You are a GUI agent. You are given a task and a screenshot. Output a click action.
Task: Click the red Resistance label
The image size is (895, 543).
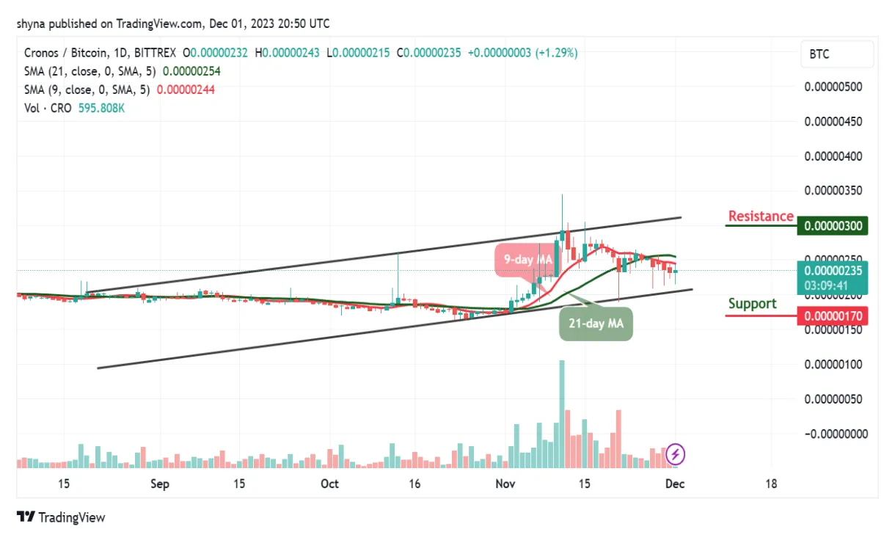[761, 216]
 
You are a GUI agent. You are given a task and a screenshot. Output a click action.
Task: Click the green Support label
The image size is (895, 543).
[752, 304]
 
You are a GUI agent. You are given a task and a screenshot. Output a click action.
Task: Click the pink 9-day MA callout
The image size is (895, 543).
[528, 259]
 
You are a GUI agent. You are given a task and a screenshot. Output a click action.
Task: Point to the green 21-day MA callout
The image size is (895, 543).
[595, 323]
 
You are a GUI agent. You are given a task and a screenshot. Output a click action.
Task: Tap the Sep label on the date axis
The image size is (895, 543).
[159, 484]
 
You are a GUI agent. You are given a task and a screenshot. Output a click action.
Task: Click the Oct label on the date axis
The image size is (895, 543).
[330, 484]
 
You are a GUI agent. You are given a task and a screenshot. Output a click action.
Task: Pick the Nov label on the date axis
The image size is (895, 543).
[504, 484]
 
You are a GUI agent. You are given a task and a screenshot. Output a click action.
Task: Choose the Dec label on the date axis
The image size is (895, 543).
[676, 484]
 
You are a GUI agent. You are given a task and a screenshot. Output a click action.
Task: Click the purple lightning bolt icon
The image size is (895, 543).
[676, 455]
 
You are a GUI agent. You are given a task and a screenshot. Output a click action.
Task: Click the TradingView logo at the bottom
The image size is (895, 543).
[62, 517]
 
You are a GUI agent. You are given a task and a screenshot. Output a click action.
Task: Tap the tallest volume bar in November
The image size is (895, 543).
[562, 411]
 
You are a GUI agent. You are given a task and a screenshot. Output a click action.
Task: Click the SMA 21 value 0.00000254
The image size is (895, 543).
[191, 71]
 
